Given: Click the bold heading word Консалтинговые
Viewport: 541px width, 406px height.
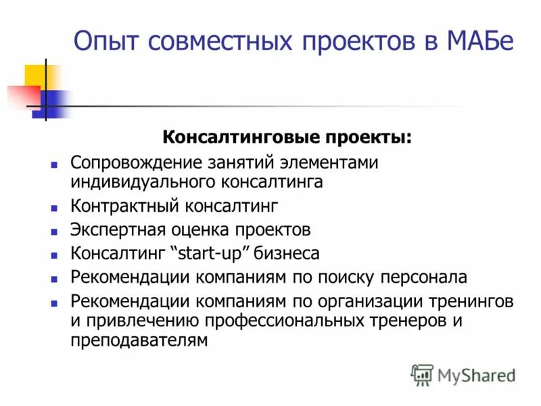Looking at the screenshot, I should (x=226, y=137).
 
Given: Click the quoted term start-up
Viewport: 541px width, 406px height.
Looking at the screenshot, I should (x=214, y=254).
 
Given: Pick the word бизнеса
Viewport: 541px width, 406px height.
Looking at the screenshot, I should (x=290, y=254).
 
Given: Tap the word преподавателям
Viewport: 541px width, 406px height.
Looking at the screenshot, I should (x=138, y=340).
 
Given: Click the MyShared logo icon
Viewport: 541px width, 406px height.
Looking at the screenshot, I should (x=422, y=374).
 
